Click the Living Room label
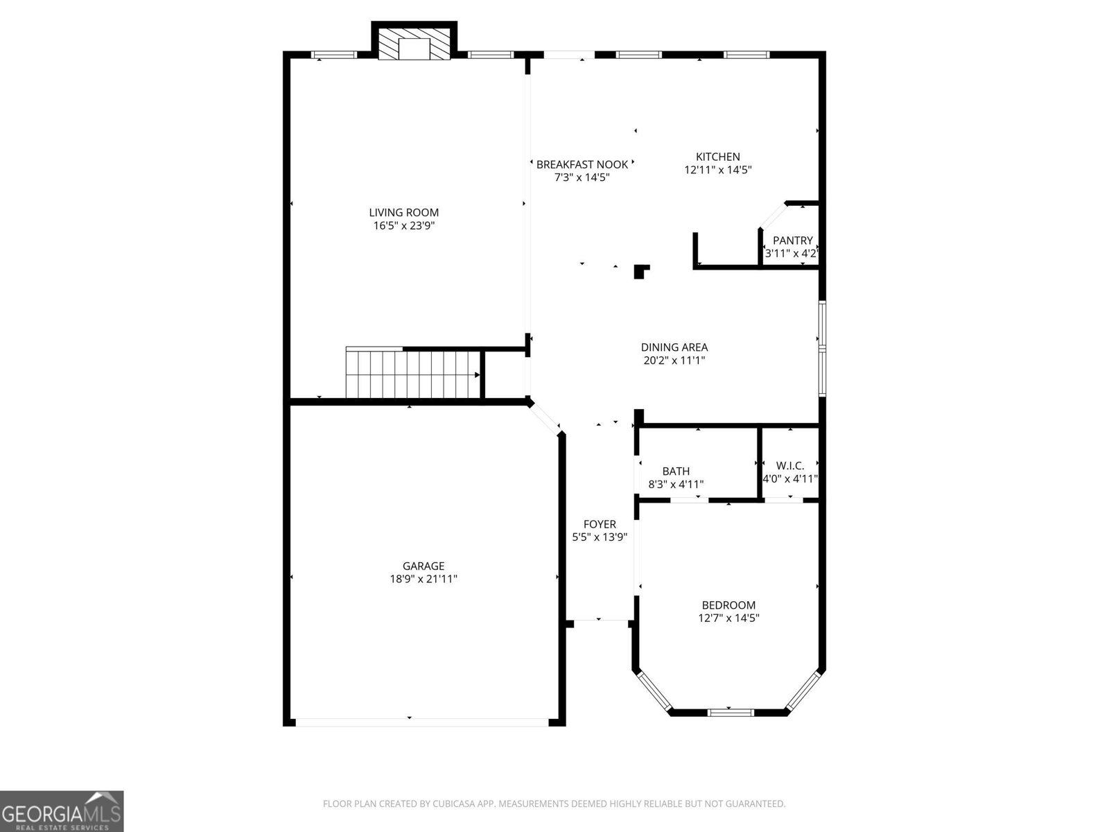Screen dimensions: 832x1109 point(403,212)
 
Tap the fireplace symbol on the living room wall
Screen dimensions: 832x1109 point(414,45)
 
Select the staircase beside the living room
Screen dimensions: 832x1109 point(413,374)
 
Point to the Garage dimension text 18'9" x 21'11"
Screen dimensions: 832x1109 point(423,579)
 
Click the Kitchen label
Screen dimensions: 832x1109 point(717,157)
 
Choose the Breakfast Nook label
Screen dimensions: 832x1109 point(582,164)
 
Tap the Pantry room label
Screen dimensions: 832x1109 point(792,240)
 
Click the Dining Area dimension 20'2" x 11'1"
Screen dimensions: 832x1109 point(674,360)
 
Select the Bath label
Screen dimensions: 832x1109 point(675,471)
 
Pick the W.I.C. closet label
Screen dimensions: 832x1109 point(789,465)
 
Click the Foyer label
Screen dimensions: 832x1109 point(599,524)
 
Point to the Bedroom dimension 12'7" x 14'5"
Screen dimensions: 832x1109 point(728,618)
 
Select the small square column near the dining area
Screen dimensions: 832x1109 point(641,271)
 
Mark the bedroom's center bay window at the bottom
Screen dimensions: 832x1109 point(731,711)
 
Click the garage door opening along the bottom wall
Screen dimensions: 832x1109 point(421,722)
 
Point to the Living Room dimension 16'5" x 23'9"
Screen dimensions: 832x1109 point(403,225)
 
